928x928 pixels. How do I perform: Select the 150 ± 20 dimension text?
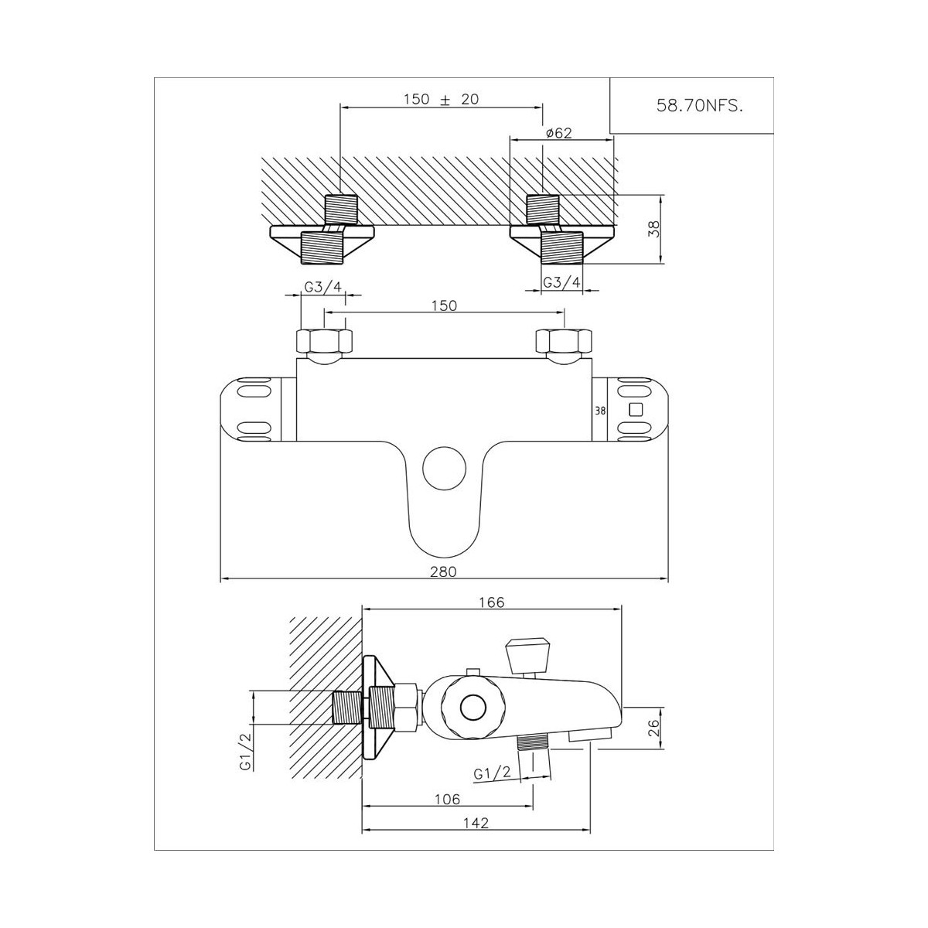tap(441, 99)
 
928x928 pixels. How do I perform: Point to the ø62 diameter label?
tap(559, 133)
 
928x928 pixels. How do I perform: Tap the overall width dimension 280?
tap(444, 571)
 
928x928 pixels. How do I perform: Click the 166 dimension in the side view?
tap(492, 602)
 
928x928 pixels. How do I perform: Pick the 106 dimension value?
tap(448, 800)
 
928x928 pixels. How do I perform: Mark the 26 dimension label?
tap(653, 728)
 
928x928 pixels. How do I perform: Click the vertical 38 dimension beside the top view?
tap(653, 229)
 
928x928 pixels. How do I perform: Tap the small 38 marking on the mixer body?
tap(600, 411)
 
